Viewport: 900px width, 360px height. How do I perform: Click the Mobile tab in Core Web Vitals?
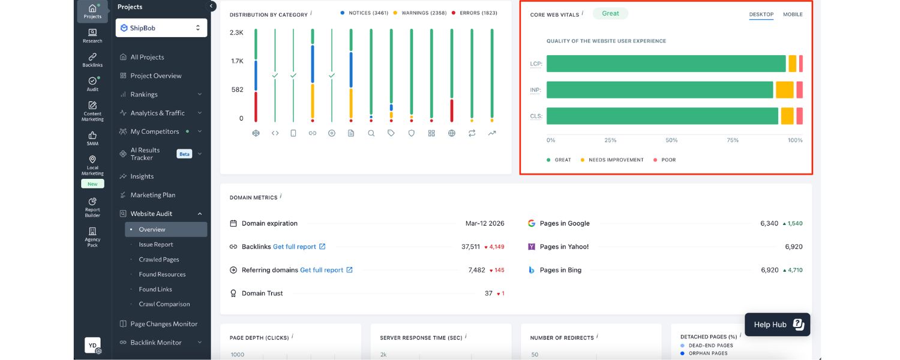(792, 14)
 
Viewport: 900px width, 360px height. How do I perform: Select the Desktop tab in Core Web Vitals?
(761, 14)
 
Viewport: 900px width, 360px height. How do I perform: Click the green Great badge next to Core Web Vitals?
(610, 13)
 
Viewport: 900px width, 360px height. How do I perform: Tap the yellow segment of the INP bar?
(784, 90)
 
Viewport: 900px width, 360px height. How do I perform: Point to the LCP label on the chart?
(535, 64)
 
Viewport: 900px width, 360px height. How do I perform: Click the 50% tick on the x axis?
(671, 140)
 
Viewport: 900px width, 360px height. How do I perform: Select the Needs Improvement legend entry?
(616, 160)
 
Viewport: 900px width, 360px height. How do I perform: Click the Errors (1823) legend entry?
(478, 13)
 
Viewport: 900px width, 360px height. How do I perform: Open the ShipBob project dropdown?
(161, 28)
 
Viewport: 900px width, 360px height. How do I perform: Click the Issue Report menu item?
(156, 245)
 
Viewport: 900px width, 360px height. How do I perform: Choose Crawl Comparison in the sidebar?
(164, 304)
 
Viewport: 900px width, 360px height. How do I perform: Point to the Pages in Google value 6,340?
(769, 223)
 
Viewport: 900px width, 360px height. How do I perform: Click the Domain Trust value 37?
(488, 293)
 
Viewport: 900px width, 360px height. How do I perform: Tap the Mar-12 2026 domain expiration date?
(484, 223)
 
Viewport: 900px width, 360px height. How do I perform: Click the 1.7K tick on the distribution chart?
(237, 61)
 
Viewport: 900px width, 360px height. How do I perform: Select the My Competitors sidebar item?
(155, 131)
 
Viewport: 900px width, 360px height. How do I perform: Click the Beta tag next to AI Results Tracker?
(184, 154)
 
